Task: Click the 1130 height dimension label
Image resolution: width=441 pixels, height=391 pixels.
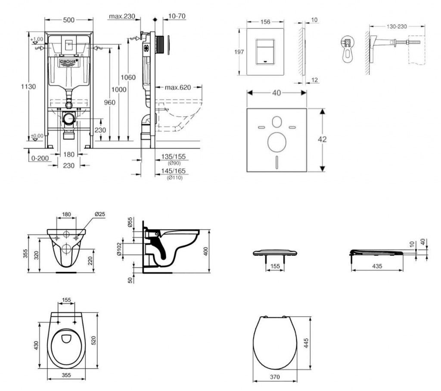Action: coord(28,86)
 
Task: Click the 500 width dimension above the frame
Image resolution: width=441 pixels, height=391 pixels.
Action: coord(69,19)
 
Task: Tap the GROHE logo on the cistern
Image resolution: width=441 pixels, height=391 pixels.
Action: coord(68,63)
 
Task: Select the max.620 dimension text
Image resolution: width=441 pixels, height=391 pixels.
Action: coord(177,88)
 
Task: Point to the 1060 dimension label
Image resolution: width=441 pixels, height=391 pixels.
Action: coord(128,78)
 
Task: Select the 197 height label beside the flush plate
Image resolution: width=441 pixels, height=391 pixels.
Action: coord(239,52)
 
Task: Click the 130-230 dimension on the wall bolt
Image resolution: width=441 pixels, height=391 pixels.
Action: coord(397,26)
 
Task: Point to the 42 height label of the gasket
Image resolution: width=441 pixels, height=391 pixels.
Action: coord(322,139)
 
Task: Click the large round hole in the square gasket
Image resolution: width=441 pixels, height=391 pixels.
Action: coord(276,142)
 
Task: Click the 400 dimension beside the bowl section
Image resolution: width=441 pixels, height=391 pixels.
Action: coord(206,251)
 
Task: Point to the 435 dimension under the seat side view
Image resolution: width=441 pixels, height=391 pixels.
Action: coord(377,266)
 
